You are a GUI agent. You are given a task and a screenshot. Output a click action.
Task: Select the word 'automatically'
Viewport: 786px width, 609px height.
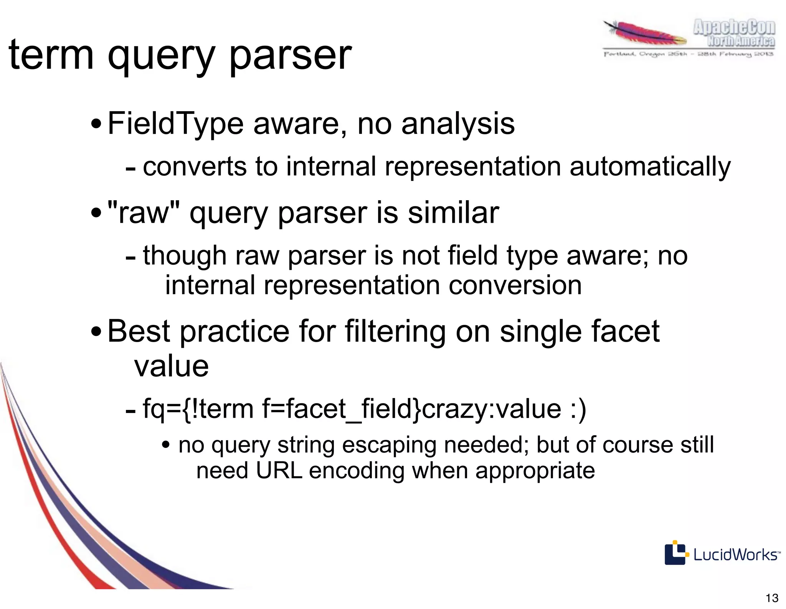click(650, 167)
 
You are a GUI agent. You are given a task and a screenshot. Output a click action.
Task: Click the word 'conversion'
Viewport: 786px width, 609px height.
click(515, 285)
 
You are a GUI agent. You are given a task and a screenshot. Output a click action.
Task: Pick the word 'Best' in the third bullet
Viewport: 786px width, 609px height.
click(139, 331)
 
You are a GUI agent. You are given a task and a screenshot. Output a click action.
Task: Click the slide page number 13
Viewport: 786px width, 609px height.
click(772, 598)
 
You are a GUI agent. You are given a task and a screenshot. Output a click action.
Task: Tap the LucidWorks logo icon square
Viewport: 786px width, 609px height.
click(675, 553)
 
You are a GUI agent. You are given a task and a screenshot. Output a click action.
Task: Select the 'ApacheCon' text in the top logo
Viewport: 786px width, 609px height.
click(734, 28)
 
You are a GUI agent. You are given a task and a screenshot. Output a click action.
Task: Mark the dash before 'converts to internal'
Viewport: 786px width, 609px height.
click(130, 168)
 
